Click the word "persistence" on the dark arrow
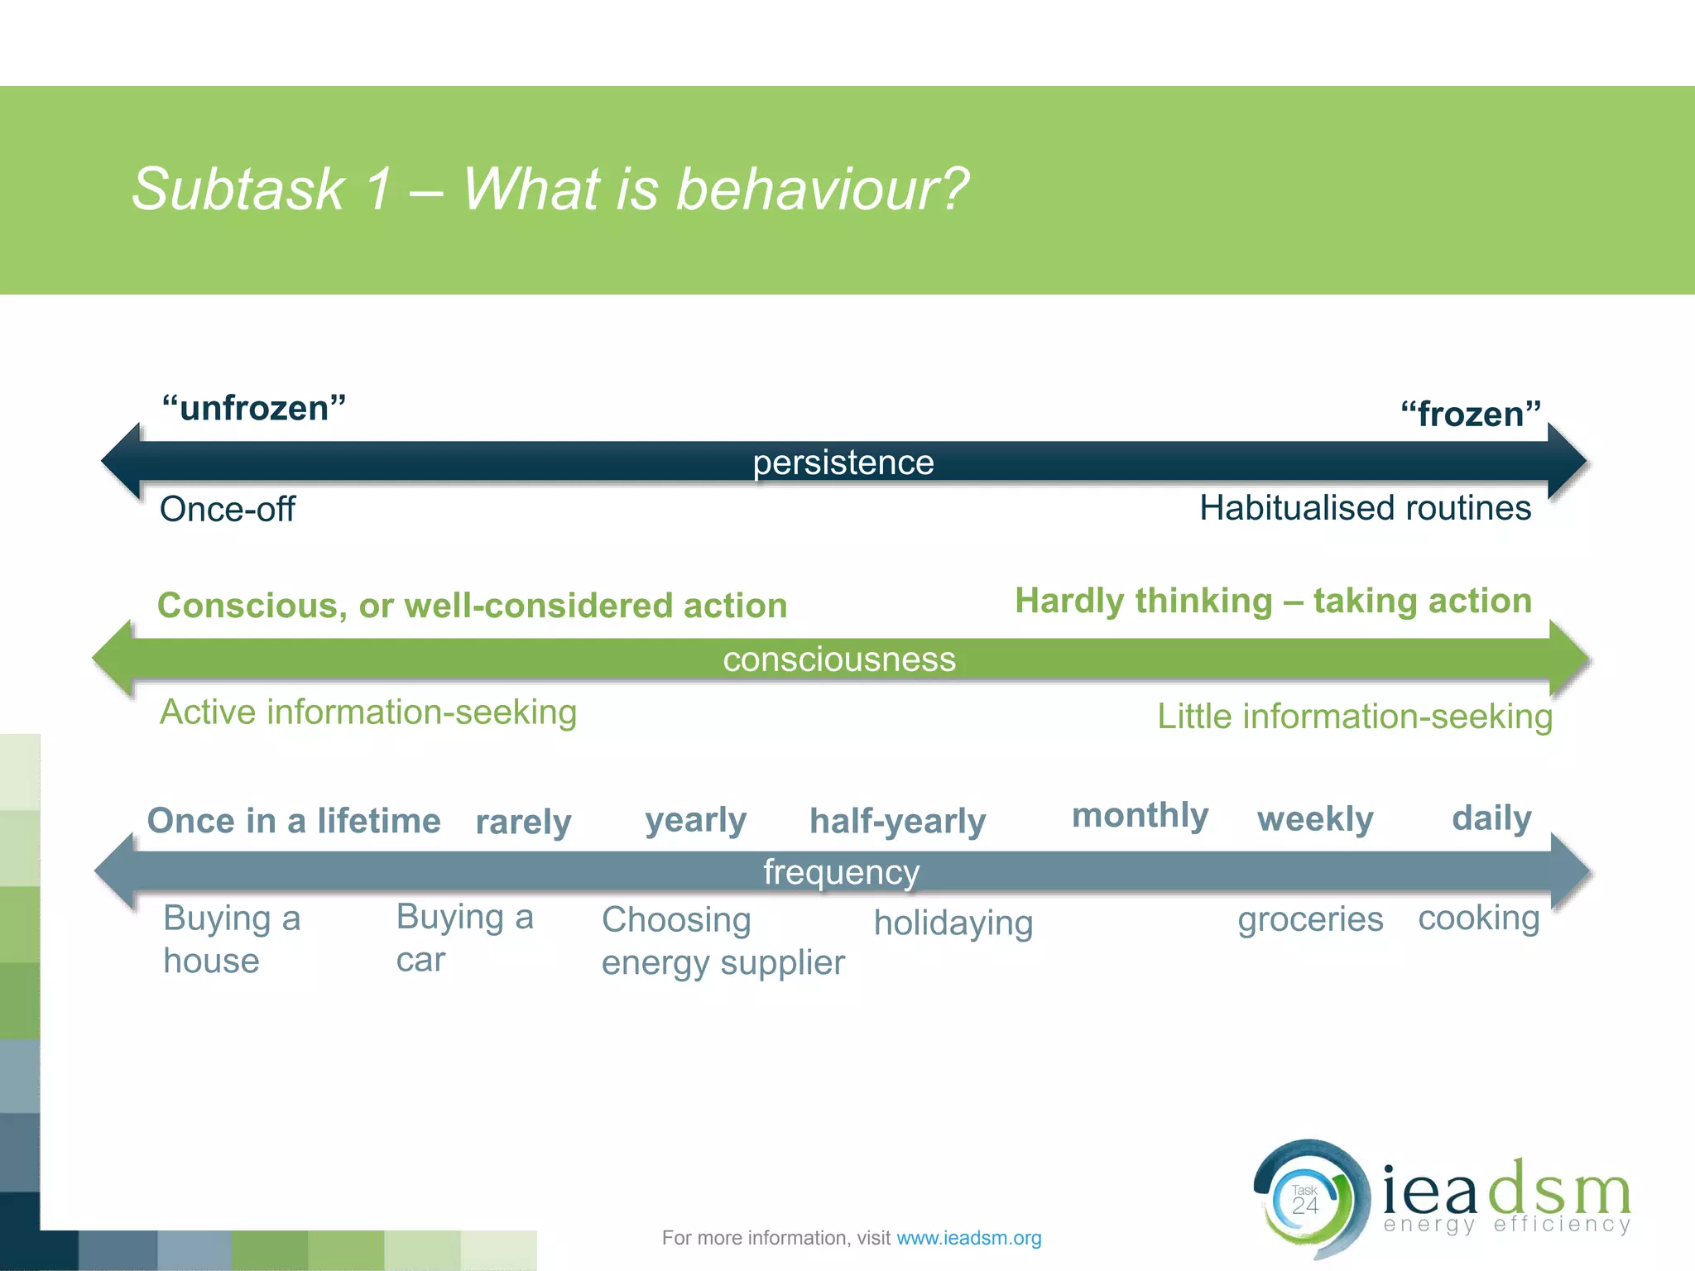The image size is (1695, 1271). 843,463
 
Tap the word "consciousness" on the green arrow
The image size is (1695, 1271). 838,659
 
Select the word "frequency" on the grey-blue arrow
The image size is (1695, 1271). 841,872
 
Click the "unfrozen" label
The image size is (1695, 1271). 254,408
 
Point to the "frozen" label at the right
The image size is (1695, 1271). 1470,414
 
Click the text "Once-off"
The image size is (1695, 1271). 227,509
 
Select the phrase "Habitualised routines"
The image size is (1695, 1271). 1365,507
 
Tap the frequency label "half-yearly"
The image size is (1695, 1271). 897,821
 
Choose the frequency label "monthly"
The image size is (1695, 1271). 1140,815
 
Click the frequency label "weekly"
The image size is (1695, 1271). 1314,819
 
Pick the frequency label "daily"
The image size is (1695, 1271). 1491,818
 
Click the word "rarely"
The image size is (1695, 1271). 523,823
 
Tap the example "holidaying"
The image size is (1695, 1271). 953,923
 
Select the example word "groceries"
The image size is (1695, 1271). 1309,919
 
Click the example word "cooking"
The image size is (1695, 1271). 1478,918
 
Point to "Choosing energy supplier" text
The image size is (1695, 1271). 722,942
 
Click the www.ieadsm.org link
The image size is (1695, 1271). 968,1238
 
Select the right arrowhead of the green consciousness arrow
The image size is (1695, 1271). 1568,659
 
